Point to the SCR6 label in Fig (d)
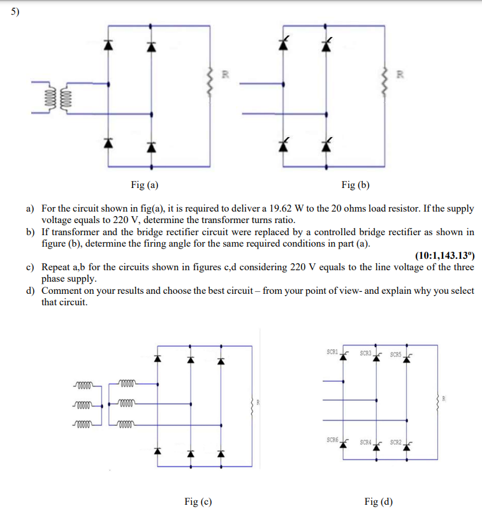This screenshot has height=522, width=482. pyautogui.click(x=332, y=440)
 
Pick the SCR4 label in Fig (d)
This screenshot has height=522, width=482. pyautogui.click(x=365, y=442)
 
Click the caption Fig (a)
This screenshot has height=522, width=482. pyautogui.click(x=145, y=185)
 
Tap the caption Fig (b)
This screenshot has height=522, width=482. pyautogui.click(x=355, y=185)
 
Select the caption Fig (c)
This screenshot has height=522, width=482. pyautogui.click(x=198, y=502)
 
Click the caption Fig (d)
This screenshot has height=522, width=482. pyautogui.click(x=379, y=502)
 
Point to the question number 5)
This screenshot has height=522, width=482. pyautogui.click(x=9, y=12)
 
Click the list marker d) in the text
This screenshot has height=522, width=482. pyautogui.click(x=30, y=291)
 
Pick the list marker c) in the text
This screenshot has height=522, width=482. pyautogui.click(x=30, y=268)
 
